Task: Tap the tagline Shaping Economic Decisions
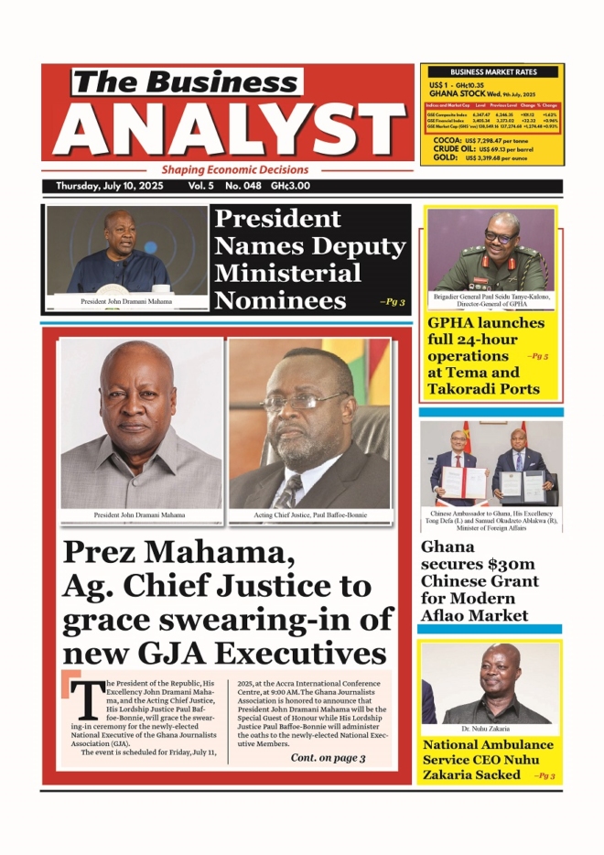235,170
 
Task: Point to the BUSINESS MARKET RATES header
492,71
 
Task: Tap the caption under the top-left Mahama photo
126,301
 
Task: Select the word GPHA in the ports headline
451,323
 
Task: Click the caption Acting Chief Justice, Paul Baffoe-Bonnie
310,515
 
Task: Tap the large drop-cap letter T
84,700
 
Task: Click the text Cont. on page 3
328,758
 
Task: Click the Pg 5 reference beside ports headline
537,355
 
